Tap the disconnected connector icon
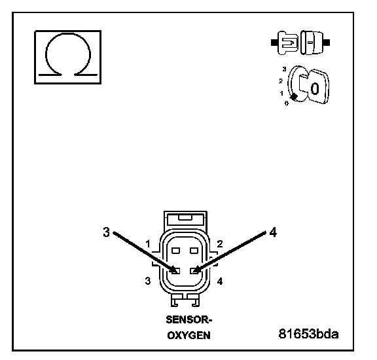tap(300, 43)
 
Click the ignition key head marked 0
tap(318, 87)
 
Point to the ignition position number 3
tap(285, 69)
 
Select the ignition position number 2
tap(281, 81)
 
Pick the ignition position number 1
tap(281, 93)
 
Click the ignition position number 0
tap(287, 103)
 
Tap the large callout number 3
tap(106, 232)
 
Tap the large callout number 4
tap(273, 232)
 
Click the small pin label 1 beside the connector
tap(148, 244)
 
